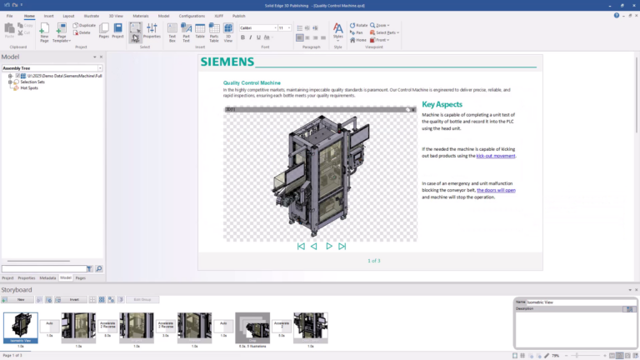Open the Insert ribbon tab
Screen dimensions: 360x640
[48, 16]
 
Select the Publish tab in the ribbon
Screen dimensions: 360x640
[239, 16]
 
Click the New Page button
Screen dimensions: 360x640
[45, 32]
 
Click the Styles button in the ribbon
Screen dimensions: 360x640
[337, 32]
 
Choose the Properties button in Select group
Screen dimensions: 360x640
[152, 32]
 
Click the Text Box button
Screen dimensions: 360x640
[172, 32]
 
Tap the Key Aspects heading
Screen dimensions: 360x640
[442, 104]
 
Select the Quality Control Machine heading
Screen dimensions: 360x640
[252, 82]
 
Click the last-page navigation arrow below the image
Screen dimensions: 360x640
[342, 246]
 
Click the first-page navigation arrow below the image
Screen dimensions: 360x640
[301, 246]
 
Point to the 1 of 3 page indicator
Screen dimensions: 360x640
[374, 261]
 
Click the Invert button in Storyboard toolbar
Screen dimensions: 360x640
[74, 299]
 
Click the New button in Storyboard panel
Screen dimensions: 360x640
[19, 299]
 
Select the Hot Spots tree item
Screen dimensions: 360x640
[29, 87]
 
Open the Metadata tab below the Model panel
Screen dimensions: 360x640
[47, 277]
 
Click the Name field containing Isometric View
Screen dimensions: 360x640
[575, 302]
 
